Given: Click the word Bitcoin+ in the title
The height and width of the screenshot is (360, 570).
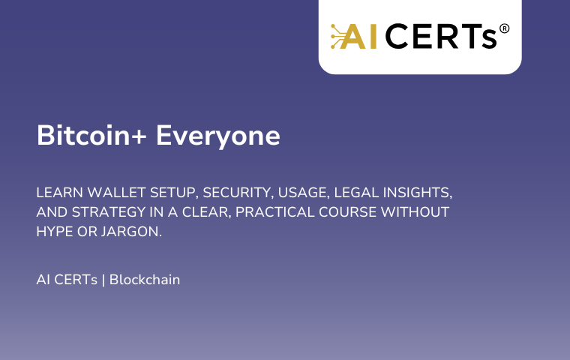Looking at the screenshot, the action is [91, 135].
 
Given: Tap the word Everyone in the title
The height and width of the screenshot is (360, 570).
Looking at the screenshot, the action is [218, 137].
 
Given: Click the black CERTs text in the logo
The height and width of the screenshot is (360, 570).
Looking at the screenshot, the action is [441, 36].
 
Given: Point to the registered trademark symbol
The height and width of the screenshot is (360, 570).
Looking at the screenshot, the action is [504, 28].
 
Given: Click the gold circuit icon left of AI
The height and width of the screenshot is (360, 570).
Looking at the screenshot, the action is [338, 36].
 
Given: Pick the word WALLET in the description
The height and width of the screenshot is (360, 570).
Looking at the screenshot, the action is [116, 192].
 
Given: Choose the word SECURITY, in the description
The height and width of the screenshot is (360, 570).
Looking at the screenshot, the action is [238, 193].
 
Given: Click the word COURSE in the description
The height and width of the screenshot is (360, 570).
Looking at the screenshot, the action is [347, 212].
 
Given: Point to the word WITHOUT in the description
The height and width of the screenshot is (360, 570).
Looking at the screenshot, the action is [415, 212].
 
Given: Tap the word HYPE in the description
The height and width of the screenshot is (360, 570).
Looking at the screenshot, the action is [55, 232].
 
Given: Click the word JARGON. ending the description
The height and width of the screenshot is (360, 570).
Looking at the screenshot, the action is [131, 232].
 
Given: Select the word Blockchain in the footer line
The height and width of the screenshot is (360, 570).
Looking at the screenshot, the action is [145, 280].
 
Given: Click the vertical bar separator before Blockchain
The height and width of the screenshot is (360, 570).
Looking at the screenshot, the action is [103, 280].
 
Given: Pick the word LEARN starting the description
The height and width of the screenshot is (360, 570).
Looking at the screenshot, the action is [59, 192].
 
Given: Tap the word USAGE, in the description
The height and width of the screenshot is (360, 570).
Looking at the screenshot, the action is [304, 193].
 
